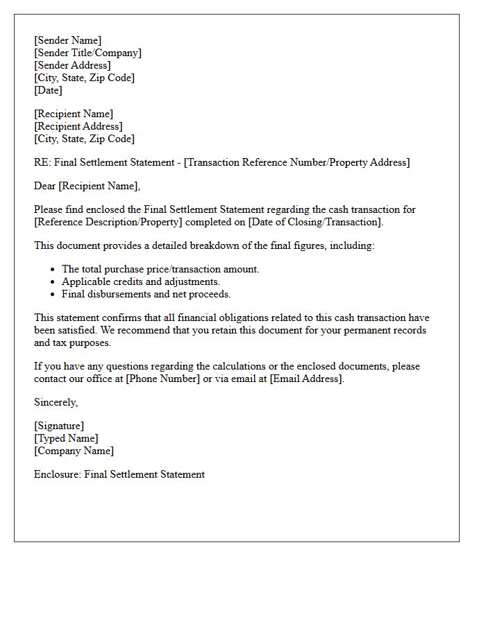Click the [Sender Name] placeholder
(x=67, y=40)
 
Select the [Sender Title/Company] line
(x=87, y=53)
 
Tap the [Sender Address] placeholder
(x=72, y=65)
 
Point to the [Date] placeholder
(x=48, y=90)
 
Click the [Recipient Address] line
(x=78, y=126)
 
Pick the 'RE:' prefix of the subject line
(x=42, y=162)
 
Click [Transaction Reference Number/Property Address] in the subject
(x=297, y=162)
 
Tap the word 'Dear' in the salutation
(x=44, y=186)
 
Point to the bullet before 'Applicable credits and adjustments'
(x=53, y=282)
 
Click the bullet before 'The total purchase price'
(x=53, y=270)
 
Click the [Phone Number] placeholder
(x=162, y=379)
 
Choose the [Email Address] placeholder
(x=306, y=379)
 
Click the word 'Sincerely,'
(x=56, y=402)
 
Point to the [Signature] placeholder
(x=59, y=426)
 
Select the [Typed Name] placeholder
(x=66, y=438)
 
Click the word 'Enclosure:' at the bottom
(x=58, y=474)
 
